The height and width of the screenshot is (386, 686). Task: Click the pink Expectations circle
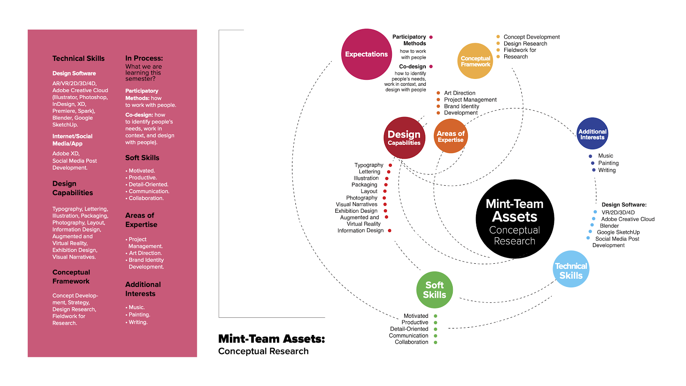pos(367,54)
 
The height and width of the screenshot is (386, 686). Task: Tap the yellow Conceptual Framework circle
pos(475,61)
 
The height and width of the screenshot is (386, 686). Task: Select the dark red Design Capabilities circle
pos(404,138)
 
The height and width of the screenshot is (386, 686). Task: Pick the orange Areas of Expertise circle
pos(451,136)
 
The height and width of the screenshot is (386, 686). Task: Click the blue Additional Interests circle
pos(593,134)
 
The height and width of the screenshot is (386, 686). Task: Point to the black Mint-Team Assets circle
pos(514,219)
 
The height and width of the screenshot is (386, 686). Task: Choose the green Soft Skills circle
pos(434,289)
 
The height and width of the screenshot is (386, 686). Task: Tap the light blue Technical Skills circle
pos(571,269)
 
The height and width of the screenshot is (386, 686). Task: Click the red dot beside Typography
pos(390,165)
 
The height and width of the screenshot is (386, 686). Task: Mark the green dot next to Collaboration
pos(436,342)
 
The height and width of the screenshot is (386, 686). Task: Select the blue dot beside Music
pos(590,156)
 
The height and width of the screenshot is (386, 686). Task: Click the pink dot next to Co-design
pos(431,66)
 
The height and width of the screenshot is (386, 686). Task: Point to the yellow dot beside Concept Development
pos(498,37)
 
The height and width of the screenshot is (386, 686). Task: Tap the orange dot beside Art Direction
pos(438,93)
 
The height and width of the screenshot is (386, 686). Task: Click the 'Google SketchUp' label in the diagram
pos(618,232)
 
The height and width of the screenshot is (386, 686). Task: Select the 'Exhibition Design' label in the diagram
pos(356,211)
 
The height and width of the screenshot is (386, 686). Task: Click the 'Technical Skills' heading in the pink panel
pos(78,58)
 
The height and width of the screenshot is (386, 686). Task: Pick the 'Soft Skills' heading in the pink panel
pos(142,158)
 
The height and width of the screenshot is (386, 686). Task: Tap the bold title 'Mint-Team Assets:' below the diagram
pos(271,339)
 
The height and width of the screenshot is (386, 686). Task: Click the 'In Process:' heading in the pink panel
pos(144,58)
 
